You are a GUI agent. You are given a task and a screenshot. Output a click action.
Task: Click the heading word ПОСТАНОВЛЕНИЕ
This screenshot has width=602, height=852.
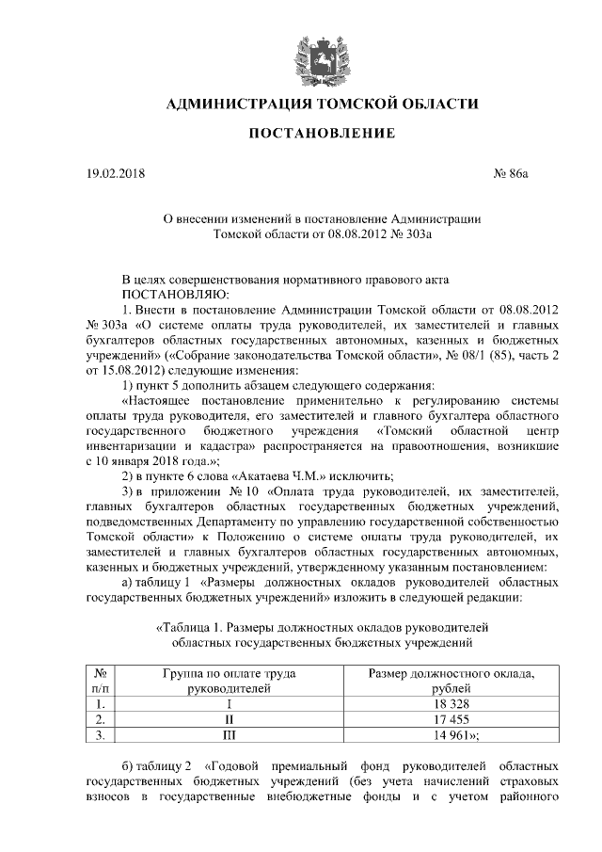(322, 134)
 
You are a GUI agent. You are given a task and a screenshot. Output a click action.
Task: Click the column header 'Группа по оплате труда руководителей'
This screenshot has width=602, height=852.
(229, 681)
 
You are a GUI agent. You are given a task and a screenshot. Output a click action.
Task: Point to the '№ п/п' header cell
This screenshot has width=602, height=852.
(100, 681)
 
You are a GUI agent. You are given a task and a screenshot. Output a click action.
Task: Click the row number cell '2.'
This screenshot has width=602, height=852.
(100, 719)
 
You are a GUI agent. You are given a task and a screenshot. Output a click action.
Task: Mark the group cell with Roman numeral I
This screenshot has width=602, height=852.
(229, 703)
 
